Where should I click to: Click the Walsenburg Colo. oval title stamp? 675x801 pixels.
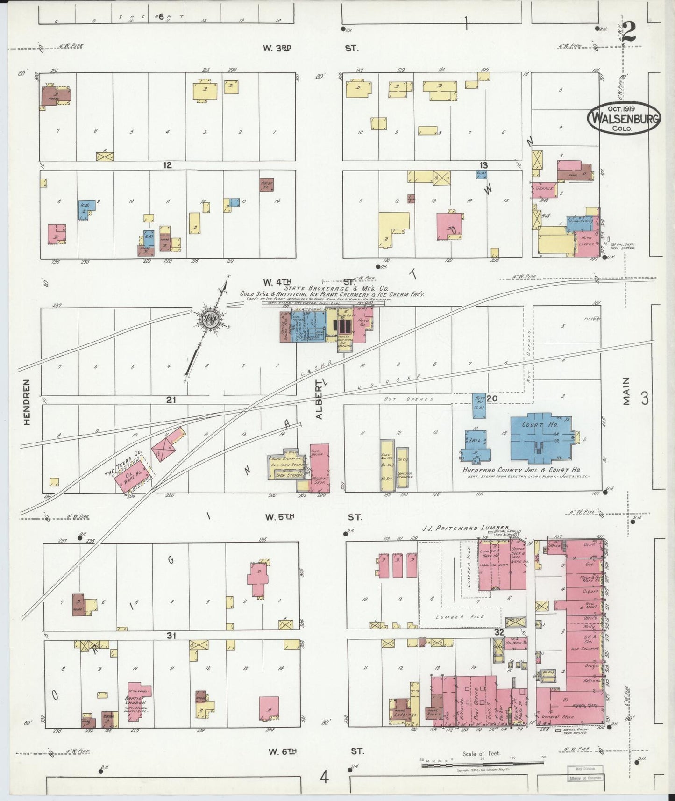624,118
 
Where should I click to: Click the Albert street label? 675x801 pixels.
319,399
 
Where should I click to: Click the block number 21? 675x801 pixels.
171,400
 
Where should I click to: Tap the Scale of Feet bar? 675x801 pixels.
482,765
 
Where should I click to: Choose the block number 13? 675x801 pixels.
483,165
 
